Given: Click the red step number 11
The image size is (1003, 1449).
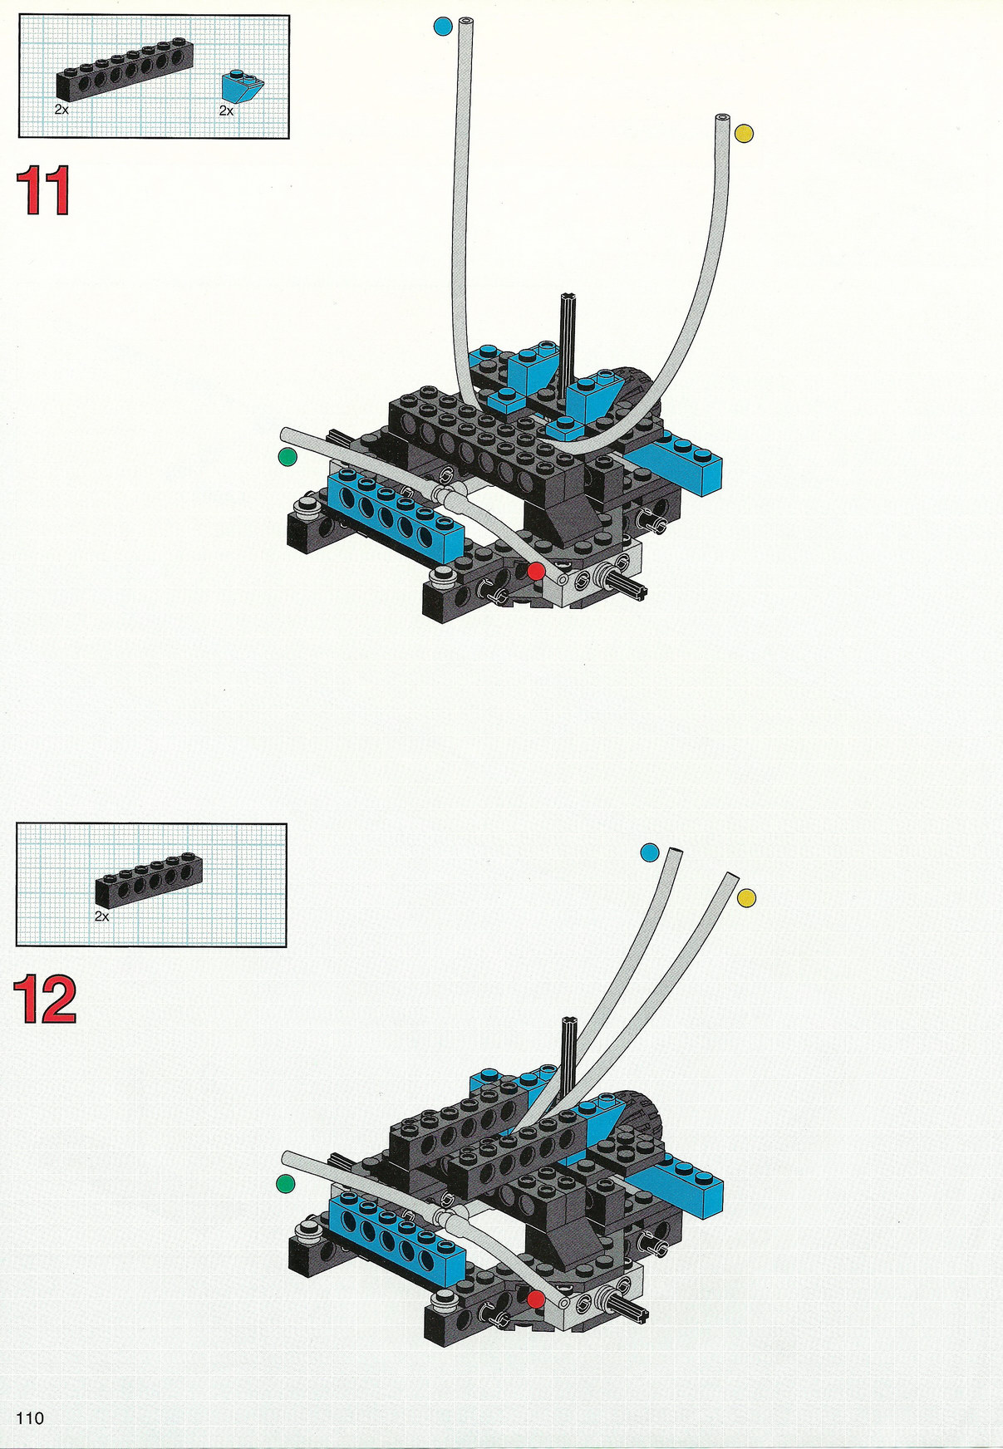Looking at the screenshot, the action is pyautogui.click(x=43, y=190).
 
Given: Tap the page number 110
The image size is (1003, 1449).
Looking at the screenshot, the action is pyautogui.click(x=29, y=1417).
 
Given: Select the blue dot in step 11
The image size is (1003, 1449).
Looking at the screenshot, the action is pyautogui.click(x=443, y=26).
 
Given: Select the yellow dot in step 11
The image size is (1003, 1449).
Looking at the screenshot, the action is pyautogui.click(x=744, y=133).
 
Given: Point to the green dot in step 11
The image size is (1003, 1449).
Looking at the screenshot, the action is pyautogui.click(x=288, y=456).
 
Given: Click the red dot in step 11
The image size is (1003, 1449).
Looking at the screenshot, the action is pyautogui.click(x=536, y=571).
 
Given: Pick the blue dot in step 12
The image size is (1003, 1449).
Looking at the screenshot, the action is pyautogui.click(x=650, y=852).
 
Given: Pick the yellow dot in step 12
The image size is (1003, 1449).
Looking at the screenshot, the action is pyautogui.click(x=746, y=897).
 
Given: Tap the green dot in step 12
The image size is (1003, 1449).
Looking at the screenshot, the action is pyautogui.click(x=286, y=1184).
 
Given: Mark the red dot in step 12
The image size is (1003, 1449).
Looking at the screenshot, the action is pyautogui.click(x=536, y=1299).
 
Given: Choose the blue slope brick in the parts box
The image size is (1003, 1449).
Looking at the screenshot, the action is pyautogui.click(x=242, y=85).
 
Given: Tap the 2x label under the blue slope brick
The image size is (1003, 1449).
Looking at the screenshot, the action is pyautogui.click(x=226, y=111).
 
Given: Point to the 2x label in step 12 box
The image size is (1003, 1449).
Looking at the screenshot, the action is pyautogui.click(x=102, y=916).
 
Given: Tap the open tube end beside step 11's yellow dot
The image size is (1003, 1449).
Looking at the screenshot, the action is pyautogui.click(x=721, y=119).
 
